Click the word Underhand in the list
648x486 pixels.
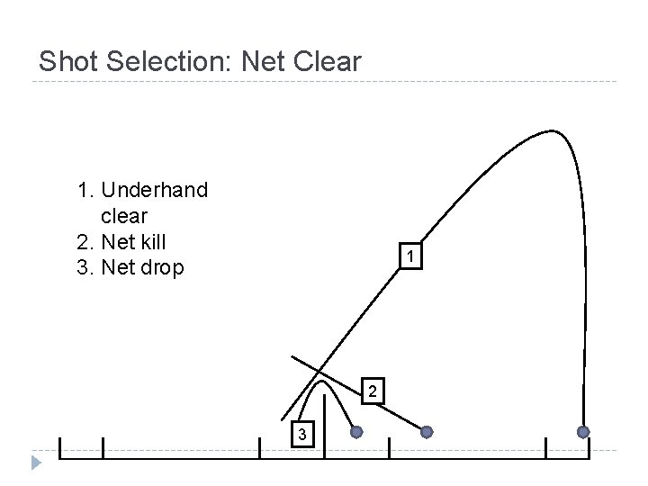coord(155,191)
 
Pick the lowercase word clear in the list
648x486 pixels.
coord(124,216)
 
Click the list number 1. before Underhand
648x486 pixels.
coord(86,191)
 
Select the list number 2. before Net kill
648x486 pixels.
coord(86,241)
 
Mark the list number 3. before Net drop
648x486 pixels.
coord(86,267)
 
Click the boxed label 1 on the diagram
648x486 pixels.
coord(409,258)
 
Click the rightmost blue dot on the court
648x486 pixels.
coord(583,432)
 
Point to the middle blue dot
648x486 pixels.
coord(427,432)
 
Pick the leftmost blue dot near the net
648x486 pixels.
coord(356,432)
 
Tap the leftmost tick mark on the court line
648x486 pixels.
coord(59,448)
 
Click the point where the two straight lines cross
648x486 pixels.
coord(319,371)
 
